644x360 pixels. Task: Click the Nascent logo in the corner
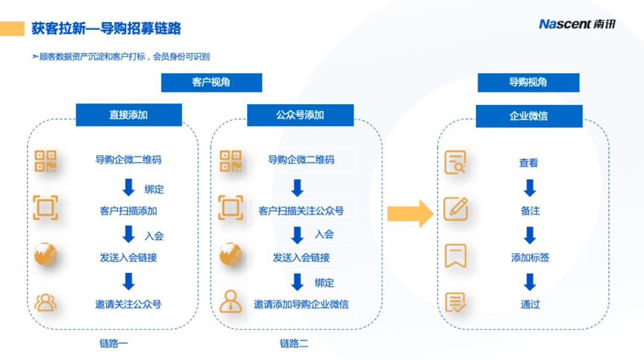tap(577, 24)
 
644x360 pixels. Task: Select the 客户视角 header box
tap(212, 82)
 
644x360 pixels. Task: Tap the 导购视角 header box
tap(528, 82)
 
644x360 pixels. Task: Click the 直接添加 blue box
tap(129, 115)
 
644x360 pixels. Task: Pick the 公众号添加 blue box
tap(300, 115)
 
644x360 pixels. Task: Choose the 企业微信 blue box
tap(529, 116)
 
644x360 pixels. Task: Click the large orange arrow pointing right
tap(410, 214)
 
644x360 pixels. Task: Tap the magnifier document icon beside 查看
tap(456, 163)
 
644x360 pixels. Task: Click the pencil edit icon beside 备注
tap(456, 209)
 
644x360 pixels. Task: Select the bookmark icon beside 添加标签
tap(456, 256)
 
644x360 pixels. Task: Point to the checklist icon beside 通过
tap(456, 303)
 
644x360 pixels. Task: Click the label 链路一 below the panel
tap(113, 343)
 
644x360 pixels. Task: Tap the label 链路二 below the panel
tap(294, 343)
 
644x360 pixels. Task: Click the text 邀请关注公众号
tap(128, 304)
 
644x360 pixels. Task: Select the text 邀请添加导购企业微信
tap(301, 304)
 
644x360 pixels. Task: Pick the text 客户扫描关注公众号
tap(301, 211)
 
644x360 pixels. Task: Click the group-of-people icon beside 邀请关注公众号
tap(45, 303)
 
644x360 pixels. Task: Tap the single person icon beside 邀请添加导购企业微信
tap(230, 302)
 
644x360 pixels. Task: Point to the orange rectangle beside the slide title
tap(12, 29)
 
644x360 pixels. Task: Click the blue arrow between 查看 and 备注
tap(530, 188)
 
